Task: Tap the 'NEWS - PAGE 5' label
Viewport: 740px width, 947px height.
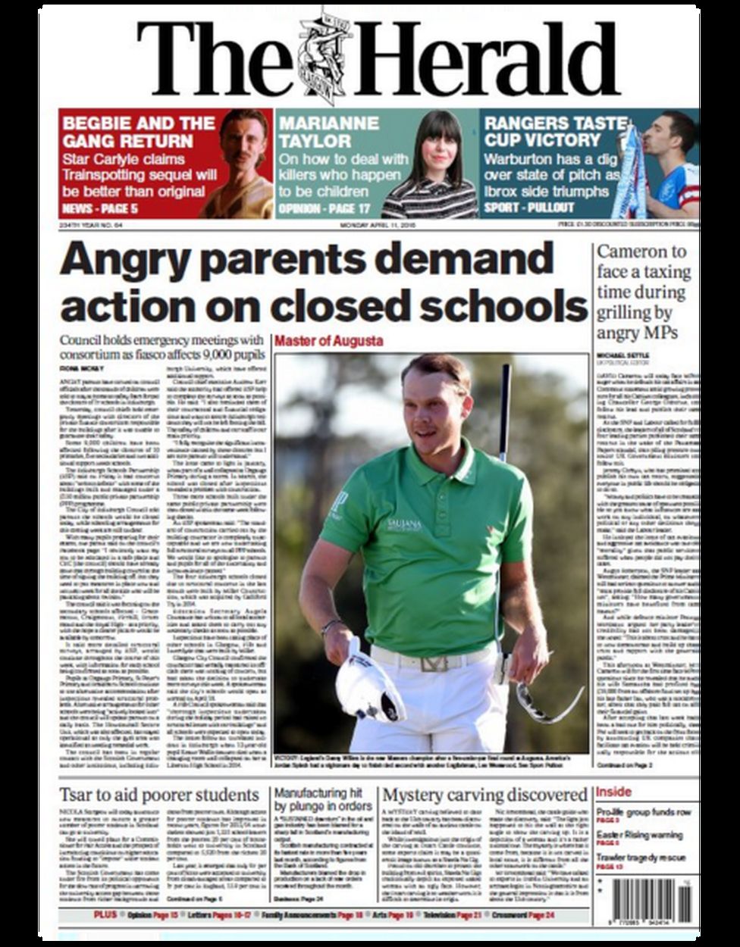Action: pos(99,208)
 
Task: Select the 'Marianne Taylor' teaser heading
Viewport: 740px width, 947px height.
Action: pos(328,132)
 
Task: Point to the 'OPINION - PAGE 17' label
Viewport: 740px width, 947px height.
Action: pos(325,208)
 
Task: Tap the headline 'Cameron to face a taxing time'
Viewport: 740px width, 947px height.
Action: pos(643,292)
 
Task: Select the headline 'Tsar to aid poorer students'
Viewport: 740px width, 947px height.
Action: pos(159,795)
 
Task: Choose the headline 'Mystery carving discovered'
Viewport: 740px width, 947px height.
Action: pos(484,795)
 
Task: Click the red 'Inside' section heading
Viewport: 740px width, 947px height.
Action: pos(613,792)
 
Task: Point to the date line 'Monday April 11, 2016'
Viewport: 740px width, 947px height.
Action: pos(379,225)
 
